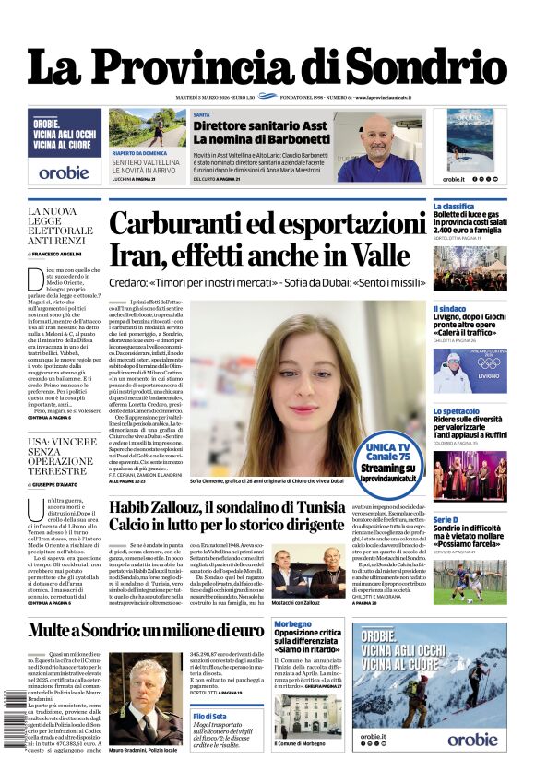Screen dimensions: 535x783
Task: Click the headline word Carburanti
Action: pos(190,225)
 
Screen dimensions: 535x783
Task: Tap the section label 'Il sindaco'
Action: pos(449,309)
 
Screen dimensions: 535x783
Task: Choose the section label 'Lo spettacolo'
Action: pos(457,410)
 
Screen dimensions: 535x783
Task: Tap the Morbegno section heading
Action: pos(293,624)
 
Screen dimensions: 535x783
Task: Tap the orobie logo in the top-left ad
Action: pos(65,172)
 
